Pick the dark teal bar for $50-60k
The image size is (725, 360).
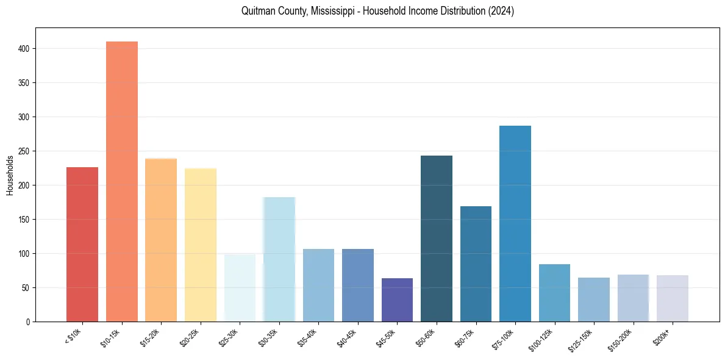tap(437, 239)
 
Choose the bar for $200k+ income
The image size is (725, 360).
tap(673, 298)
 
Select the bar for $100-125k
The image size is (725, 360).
tap(554, 293)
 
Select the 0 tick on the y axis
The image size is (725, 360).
tap(29, 322)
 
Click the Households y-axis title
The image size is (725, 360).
tap(10, 175)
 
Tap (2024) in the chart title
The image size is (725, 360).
tap(501, 11)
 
